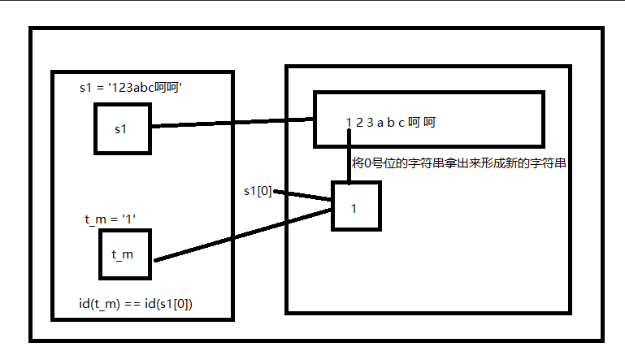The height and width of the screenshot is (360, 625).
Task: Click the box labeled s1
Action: (123, 128)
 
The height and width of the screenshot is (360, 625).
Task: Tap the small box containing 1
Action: (355, 207)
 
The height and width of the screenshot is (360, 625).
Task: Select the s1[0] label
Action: (258, 192)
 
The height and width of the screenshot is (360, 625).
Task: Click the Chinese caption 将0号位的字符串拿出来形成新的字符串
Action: (459, 163)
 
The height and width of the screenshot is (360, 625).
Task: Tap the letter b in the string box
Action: (390, 124)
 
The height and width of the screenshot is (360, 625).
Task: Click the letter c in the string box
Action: (400, 124)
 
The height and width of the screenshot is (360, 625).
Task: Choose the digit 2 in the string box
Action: (359, 124)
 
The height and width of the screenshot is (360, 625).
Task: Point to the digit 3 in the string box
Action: (369, 124)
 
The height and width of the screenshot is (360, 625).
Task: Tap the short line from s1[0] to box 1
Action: (305, 197)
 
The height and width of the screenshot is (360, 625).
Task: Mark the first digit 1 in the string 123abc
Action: (349, 124)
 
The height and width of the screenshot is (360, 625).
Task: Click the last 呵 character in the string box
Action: (430, 124)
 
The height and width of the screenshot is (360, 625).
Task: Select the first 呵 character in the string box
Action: (414, 124)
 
